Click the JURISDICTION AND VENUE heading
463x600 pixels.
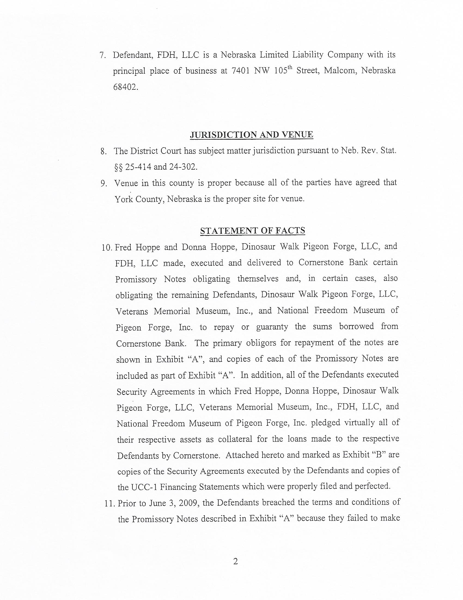click(x=251, y=135)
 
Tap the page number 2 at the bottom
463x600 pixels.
click(x=235, y=562)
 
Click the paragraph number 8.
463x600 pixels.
click(x=103, y=151)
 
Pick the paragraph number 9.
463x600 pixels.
click(x=103, y=183)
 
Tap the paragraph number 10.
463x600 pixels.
click(x=106, y=247)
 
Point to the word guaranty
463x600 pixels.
click(x=272, y=327)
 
